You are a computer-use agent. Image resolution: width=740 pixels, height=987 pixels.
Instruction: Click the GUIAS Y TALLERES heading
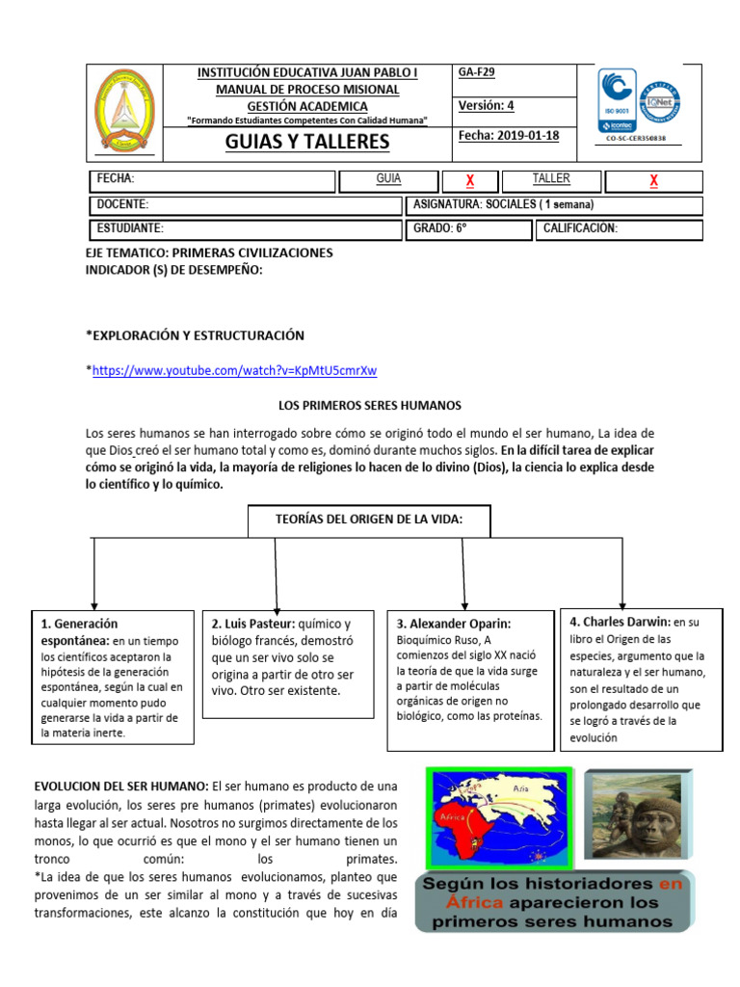pos(306,142)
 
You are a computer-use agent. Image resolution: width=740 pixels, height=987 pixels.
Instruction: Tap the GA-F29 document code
pos(477,72)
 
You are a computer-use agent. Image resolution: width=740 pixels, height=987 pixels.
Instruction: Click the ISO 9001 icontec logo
pos(617,100)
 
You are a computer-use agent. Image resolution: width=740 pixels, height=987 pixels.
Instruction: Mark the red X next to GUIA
pos(470,181)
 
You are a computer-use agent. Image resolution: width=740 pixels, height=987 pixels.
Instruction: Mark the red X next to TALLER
pos(654,181)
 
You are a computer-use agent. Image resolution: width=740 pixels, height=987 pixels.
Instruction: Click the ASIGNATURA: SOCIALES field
pos(503,204)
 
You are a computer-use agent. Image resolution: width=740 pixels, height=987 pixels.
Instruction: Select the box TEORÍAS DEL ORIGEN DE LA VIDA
pos(370,520)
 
